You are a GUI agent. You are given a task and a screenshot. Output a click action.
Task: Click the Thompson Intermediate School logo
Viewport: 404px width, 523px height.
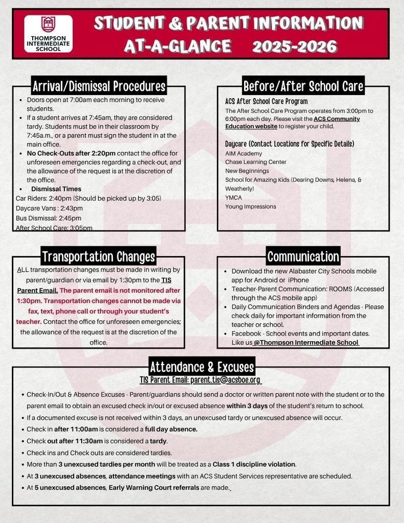coord(49,33)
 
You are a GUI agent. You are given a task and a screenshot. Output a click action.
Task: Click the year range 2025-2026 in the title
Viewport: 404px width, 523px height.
coord(295,46)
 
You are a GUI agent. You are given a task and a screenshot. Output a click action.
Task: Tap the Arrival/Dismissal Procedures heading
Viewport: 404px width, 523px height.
coord(99,85)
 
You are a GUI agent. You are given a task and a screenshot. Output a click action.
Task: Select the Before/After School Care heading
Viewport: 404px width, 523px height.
coord(303,85)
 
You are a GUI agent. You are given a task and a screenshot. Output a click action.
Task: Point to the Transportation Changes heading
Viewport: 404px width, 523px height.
coord(99,256)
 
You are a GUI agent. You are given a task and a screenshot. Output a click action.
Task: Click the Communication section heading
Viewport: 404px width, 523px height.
coord(303,256)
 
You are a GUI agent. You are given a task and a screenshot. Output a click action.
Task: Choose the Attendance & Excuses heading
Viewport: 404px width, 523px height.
coord(202,367)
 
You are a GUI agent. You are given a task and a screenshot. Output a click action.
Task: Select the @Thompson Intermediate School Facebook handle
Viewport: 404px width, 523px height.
coord(306,342)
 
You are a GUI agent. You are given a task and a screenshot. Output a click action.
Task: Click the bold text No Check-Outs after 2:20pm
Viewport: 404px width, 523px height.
coord(72,153)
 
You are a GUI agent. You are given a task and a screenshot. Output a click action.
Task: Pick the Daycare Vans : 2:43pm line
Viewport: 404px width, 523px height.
coord(49,208)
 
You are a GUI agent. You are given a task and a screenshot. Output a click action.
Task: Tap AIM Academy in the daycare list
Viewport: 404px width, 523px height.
coord(244,153)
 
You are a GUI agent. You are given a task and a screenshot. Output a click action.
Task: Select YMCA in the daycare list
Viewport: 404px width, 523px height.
coord(233,198)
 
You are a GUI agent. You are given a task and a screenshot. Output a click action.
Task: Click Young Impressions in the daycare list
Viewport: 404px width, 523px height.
coord(251,206)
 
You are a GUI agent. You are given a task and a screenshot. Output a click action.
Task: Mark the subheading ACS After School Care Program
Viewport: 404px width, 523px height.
coord(266,101)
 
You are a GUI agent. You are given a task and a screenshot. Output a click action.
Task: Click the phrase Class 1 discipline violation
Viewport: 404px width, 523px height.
coord(254,464)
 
